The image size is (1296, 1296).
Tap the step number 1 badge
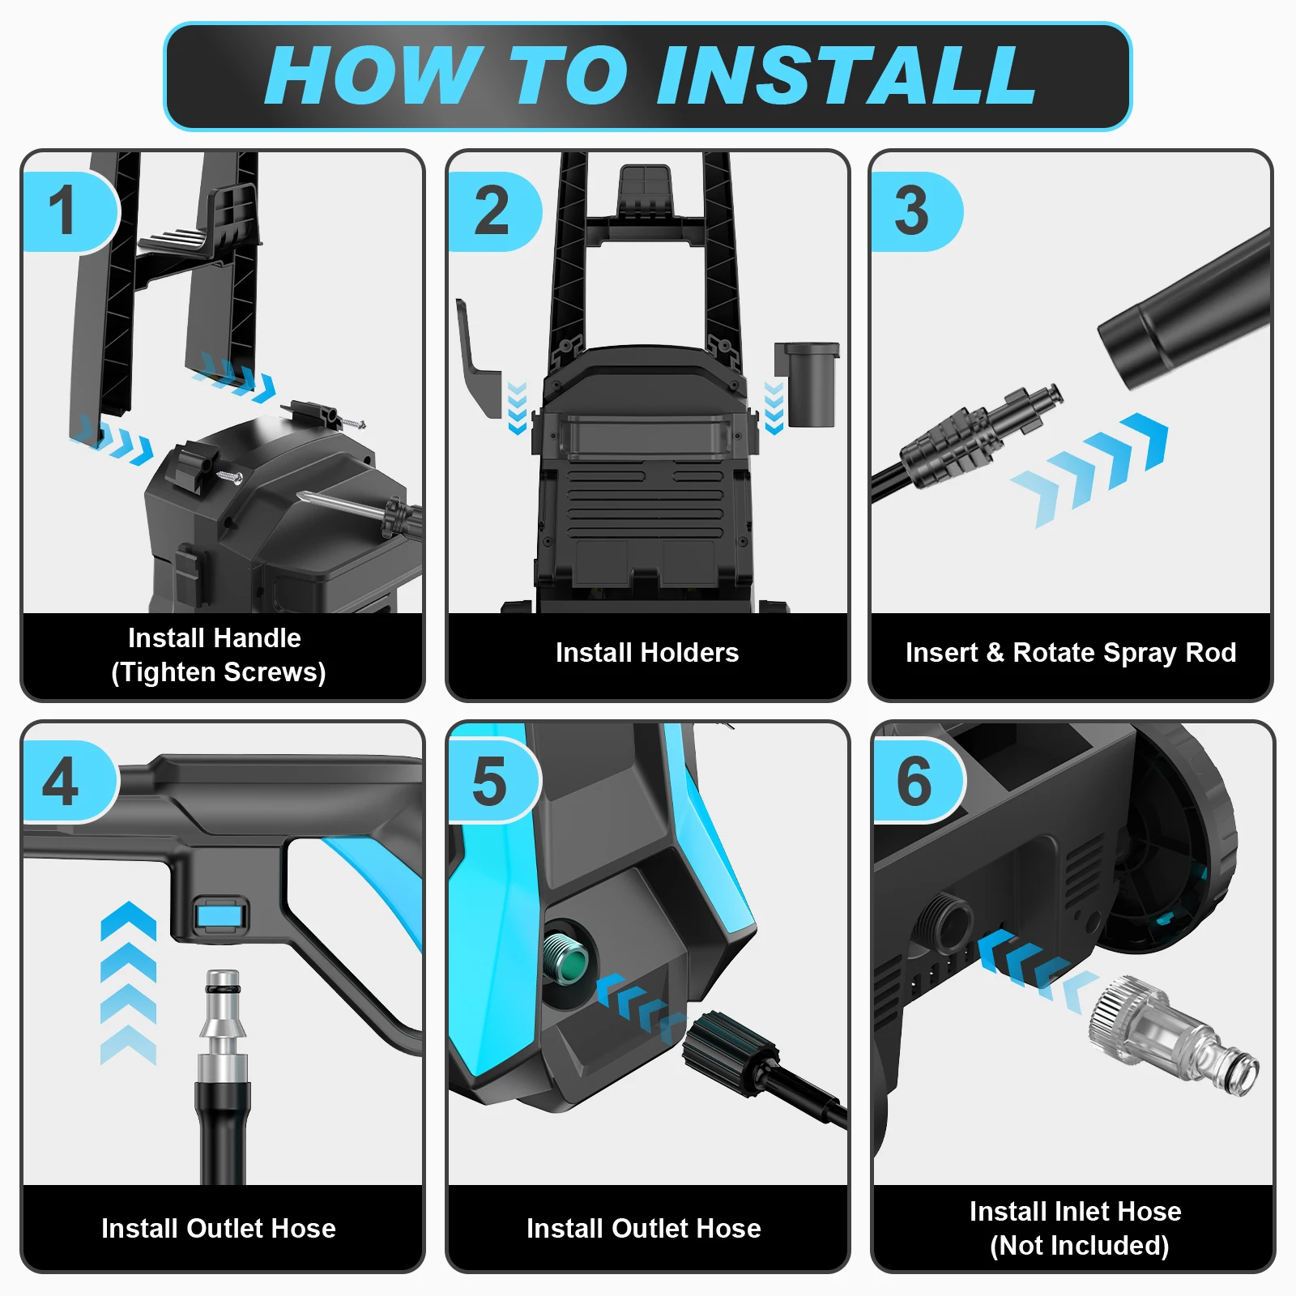point(69,211)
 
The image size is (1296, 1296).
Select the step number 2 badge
point(492,211)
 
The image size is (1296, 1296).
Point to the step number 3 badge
point(915,211)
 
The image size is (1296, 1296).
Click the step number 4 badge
point(69,782)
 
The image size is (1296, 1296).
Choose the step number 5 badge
point(492,782)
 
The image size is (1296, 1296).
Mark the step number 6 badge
point(917,782)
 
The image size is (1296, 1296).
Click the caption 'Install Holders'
point(647,653)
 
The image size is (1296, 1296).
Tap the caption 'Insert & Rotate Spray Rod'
point(1071,653)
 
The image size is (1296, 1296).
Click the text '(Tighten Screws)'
point(219,672)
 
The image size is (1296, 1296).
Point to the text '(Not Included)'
point(1080,1246)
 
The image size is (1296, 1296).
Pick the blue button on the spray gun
point(221,917)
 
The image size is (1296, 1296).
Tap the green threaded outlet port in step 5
point(565,958)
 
